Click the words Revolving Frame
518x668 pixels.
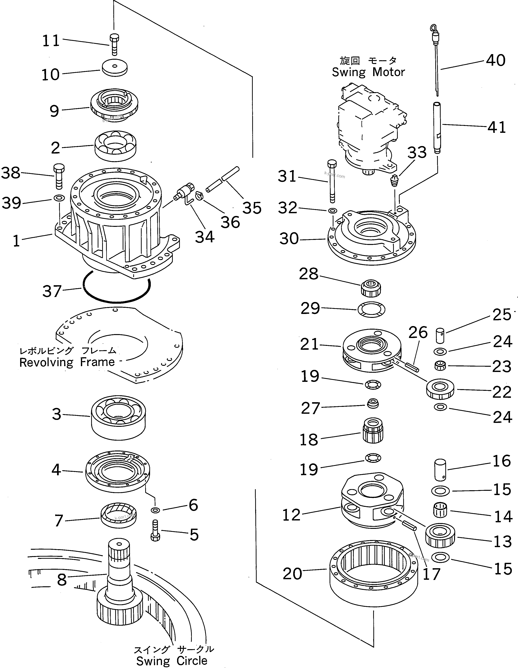[67, 362]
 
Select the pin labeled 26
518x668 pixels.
[412, 366]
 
